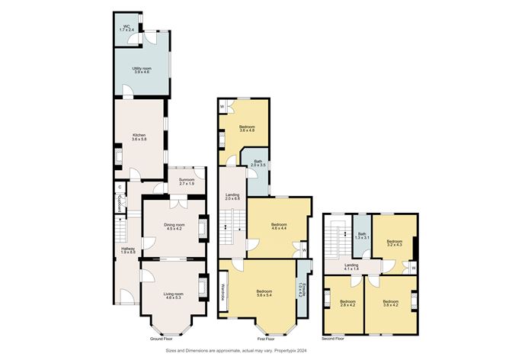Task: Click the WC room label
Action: (x=128, y=28)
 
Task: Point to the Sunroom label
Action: (x=187, y=182)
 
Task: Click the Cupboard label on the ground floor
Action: (x=120, y=204)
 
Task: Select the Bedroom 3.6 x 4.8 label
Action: (x=247, y=129)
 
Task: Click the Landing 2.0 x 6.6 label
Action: (x=232, y=197)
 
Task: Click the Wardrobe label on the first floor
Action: (x=223, y=294)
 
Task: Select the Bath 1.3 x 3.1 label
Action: (x=362, y=236)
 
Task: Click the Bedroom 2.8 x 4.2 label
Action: (x=347, y=304)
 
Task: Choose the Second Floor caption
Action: (x=334, y=339)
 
